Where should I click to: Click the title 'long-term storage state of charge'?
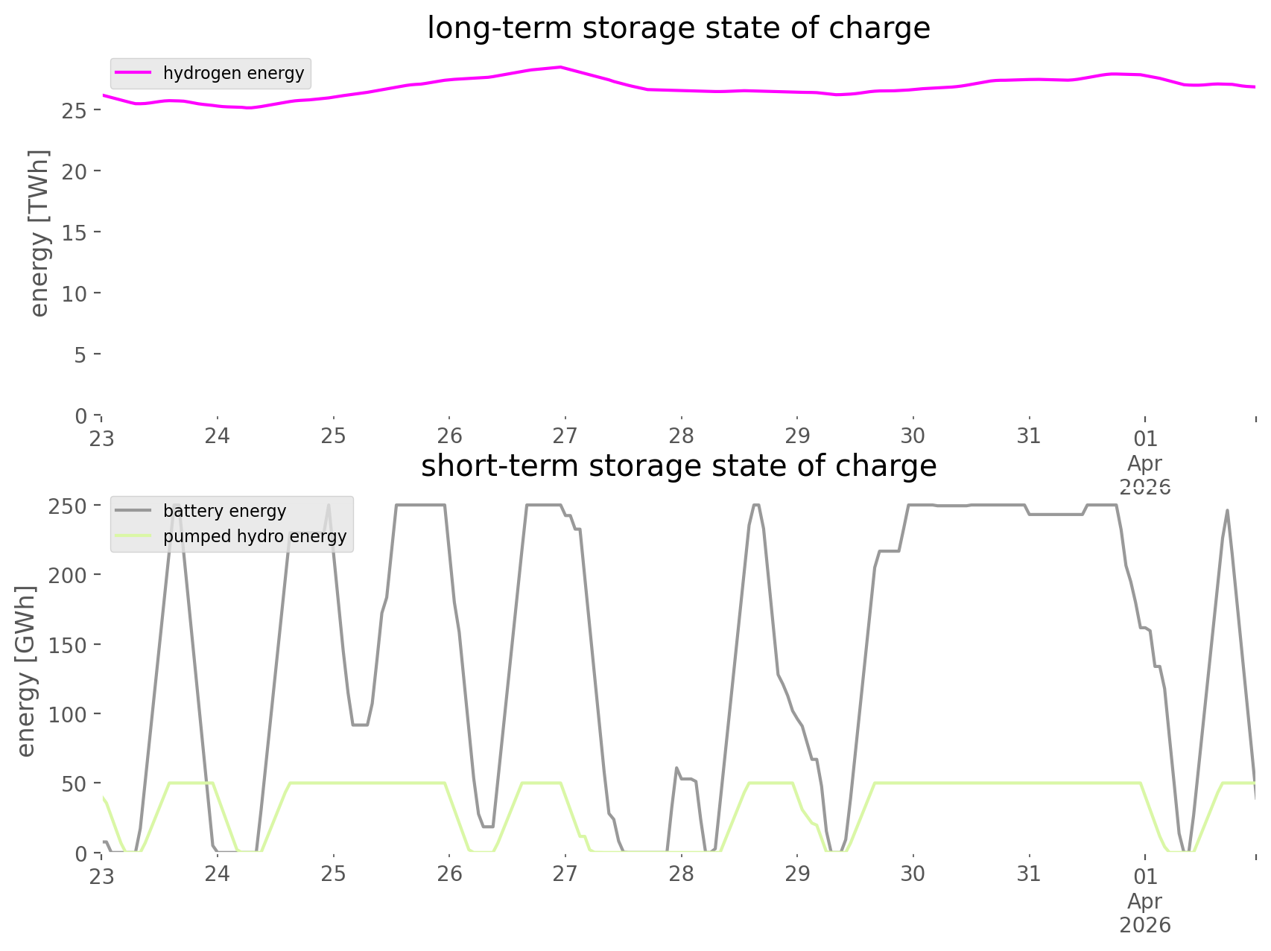tap(678, 28)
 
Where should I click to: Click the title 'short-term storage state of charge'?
tap(678, 466)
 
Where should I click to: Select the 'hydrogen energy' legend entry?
tap(233, 73)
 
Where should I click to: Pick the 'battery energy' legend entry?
tap(224, 511)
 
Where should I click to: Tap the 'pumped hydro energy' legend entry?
tap(254, 536)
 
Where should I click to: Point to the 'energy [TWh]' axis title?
tap(39, 233)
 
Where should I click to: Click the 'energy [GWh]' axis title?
tap(25, 672)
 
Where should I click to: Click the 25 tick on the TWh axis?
tap(76, 110)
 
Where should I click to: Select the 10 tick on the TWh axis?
tap(76, 293)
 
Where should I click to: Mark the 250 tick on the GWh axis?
tap(69, 506)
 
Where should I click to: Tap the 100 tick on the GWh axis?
tap(69, 714)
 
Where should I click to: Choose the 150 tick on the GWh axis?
tap(69, 645)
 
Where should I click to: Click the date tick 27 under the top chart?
tap(565, 436)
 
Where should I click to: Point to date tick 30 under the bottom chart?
tap(913, 874)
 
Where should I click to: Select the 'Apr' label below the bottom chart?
tap(1145, 901)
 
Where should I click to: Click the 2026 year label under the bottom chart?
tap(1145, 926)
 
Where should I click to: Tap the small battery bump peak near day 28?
tap(676, 767)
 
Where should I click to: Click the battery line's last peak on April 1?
tap(1227, 510)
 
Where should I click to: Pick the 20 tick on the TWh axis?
tap(76, 171)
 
